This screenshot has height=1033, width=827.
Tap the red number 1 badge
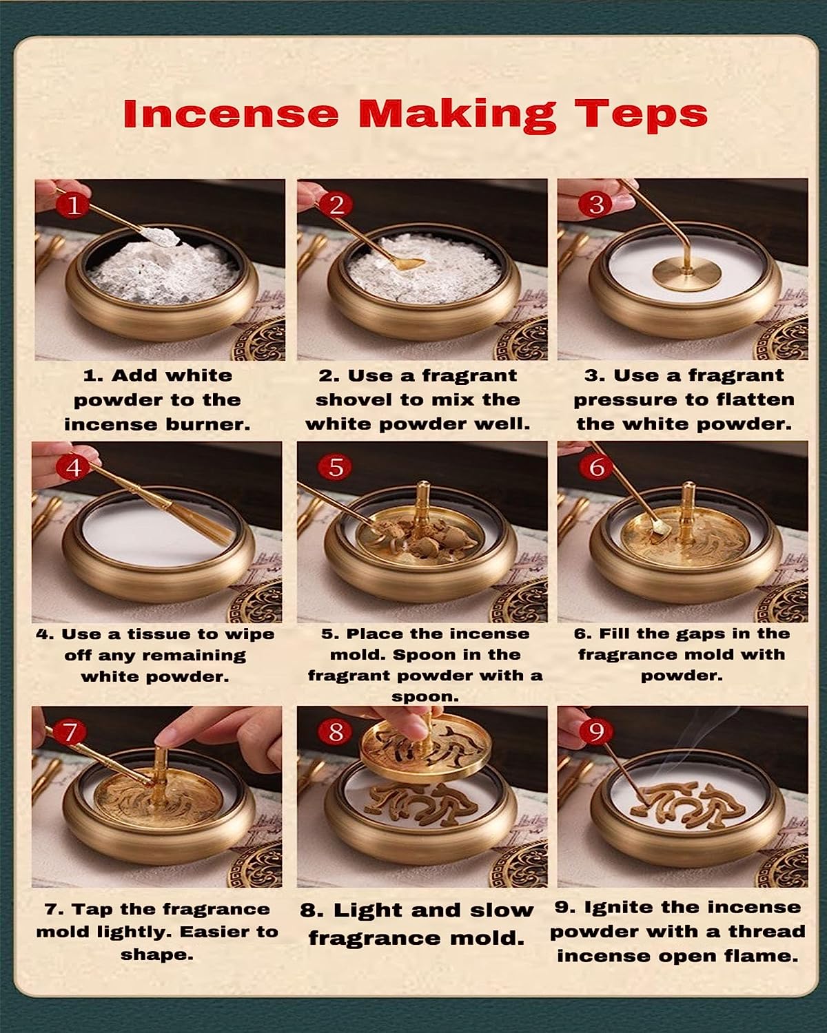click(73, 205)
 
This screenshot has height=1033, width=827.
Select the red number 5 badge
click(336, 467)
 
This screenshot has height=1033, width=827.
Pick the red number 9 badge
click(596, 731)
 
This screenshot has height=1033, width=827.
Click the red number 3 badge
click(597, 205)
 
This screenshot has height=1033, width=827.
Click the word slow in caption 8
click(501, 910)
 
